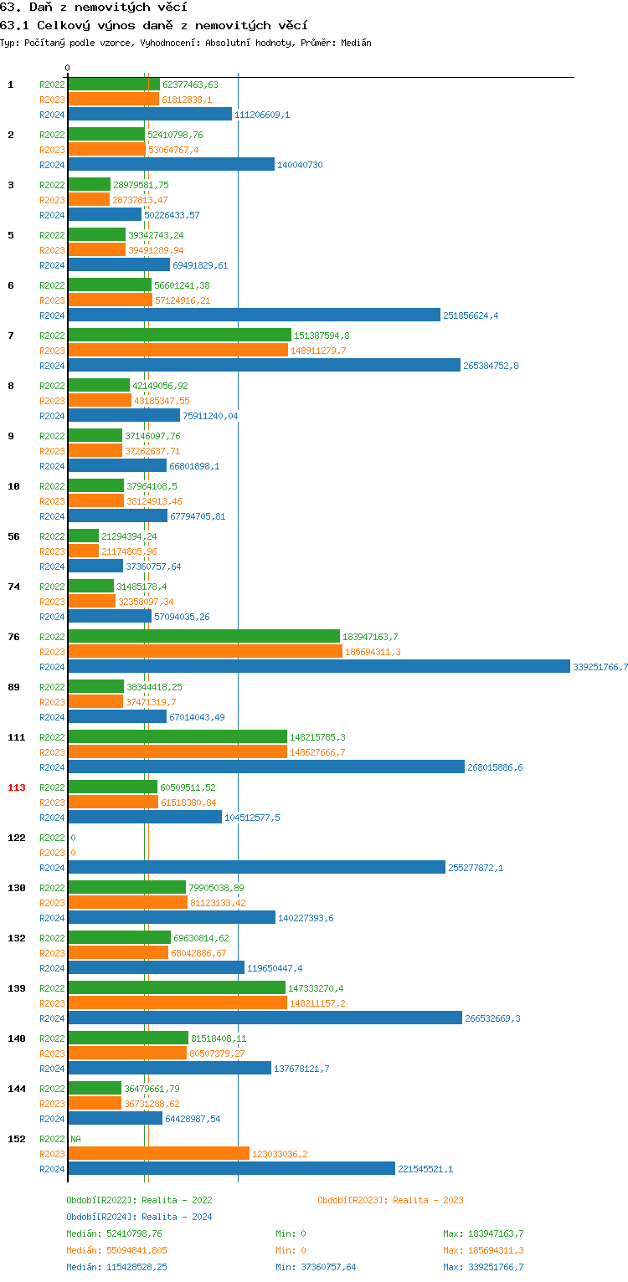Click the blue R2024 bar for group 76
click(x=318, y=667)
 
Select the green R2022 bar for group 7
click(x=179, y=336)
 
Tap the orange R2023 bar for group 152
click(x=158, y=1154)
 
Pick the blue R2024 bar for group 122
click(x=256, y=868)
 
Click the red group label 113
click(x=17, y=787)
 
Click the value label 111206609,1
click(x=262, y=115)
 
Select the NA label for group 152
click(x=75, y=1139)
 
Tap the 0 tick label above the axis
click(x=68, y=69)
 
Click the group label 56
click(x=13, y=536)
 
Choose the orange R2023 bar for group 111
click(x=178, y=752)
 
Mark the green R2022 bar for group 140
click(x=128, y=1038)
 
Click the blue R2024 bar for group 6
click(x=254, y=315)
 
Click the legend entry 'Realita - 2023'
click(x=428, y=1200)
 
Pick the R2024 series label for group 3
click(x=52, y=215)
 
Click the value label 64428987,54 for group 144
click(x=193, y=1119)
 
